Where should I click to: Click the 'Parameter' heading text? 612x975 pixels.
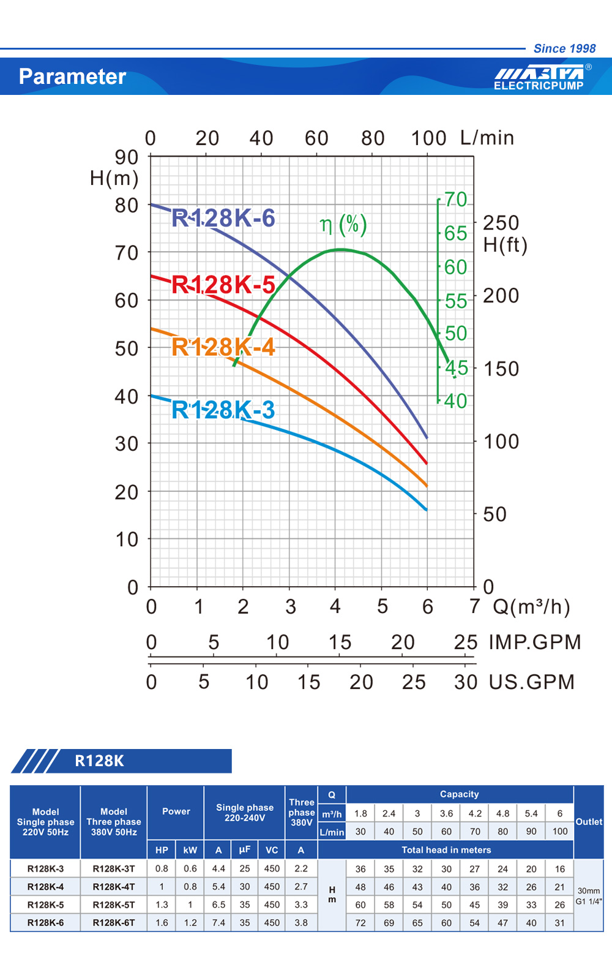click(x=72, y=77)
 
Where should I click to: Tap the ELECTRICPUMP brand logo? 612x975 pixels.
click(x=539, y=78)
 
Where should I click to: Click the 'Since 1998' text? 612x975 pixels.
click(x=564, y=48)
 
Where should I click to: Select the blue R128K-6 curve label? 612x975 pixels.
click(x=223, y=218)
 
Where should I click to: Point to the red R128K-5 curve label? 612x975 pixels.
click(x=223, y=285)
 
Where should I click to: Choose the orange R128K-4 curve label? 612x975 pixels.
click(x=223, y=347)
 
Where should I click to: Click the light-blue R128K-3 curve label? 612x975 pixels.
click(x=223, y=410)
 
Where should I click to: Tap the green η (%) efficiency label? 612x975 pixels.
click(x=343, y=225)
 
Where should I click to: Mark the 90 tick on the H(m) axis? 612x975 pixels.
click(x=127, y=157)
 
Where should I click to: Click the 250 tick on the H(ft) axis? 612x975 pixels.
click(x=501, y=223)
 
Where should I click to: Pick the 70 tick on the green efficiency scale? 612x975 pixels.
click(x=455, y=200)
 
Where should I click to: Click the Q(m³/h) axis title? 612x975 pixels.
click(x=531, y=607)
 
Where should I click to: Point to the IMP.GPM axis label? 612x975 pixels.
click(x=534, y=642)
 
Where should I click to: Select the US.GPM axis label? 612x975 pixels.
click(x=531, y=682)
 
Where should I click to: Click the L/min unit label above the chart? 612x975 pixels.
click(x=487, y=138)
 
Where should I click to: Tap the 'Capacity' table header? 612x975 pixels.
click(x=459, y=794)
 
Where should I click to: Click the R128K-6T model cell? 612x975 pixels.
click(x=114, y=922)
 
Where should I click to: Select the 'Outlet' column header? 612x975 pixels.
click(x=589, y=822)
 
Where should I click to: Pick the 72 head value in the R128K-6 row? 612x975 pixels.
click(x=360, y=922)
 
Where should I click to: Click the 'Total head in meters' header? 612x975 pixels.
click(x=446, y=849)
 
